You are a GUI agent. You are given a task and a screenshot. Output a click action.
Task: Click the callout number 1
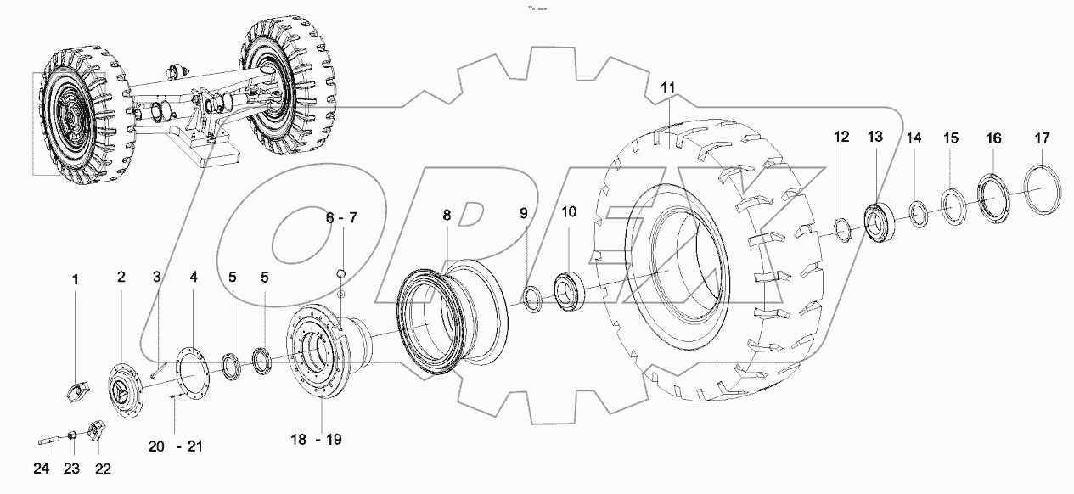point(73,279)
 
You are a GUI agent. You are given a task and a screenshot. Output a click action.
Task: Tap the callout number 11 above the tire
point(667,87)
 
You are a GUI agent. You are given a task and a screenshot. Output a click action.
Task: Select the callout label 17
point(1042,138)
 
